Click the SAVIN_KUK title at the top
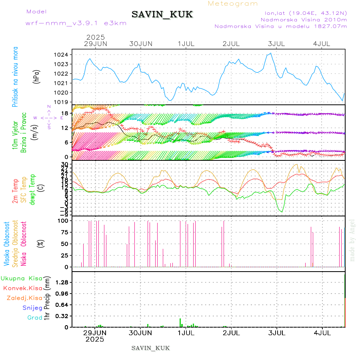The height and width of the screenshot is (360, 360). [x=162, y=15]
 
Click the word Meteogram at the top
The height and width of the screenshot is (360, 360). [x=233, y=4]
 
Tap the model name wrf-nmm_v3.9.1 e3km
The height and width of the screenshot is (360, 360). [x=76, y=23]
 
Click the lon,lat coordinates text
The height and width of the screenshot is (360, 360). [x=303, y=13]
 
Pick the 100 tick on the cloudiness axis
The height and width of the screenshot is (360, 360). [x=64, y=220]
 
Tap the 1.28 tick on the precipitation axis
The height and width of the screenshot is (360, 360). [x=62, y=282]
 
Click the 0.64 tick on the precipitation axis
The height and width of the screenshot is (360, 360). [x=62, y=305]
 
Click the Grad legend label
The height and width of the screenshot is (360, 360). [x=34, y=318]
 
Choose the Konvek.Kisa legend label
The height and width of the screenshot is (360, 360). [x=22, y=288]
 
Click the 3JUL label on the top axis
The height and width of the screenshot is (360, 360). [x=276, y=44]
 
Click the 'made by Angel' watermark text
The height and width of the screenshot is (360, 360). [x=352, y=240]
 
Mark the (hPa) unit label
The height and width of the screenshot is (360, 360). [x=36, y=76]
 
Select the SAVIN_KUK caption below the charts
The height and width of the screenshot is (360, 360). [x=150, y=348]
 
